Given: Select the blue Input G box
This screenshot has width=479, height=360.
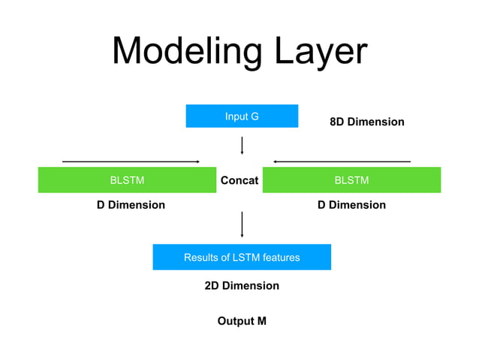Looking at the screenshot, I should (242, 116).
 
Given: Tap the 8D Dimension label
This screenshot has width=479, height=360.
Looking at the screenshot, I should (367, 122).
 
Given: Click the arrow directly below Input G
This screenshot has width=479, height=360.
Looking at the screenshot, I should (242, 145).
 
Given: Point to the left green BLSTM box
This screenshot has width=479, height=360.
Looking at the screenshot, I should (127, 180).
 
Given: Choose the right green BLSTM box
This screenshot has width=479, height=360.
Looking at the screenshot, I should (351, 180).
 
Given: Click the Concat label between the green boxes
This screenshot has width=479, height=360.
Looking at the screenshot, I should (239, 180).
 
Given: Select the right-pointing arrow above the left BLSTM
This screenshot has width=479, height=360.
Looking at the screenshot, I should (130, 161).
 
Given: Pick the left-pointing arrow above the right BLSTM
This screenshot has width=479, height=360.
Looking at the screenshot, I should (342, 161).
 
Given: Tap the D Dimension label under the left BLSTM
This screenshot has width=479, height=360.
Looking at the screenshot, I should (131, 205).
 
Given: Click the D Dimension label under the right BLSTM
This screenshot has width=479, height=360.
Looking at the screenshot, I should (351, 205).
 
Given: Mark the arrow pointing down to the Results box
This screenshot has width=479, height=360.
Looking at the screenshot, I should (242, 224).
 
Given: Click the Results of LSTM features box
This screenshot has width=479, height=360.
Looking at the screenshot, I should (242, 257).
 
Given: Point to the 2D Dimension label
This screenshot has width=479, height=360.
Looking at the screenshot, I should (242, 286).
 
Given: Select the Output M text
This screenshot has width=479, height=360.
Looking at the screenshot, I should (242, 321).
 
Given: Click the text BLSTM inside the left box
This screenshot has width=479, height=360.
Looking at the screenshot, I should (127, 180).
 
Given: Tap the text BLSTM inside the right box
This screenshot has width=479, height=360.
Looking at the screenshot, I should (351, 180).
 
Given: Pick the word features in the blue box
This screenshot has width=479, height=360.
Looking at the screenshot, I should (279, 258).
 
